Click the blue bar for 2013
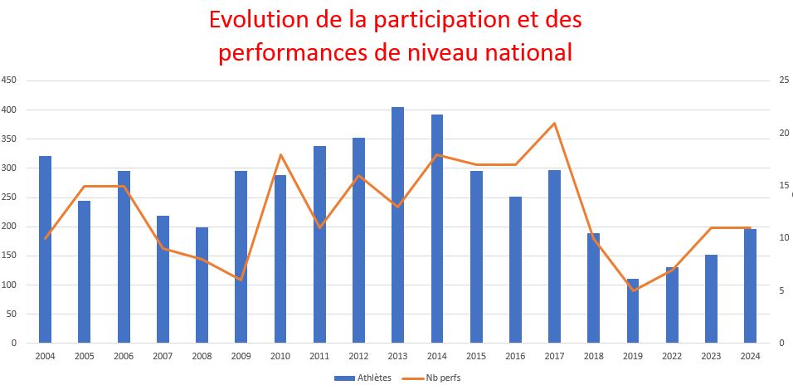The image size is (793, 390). tap(397, 224)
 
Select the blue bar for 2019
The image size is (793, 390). tap(633, 311)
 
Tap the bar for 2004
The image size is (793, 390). tap(45, 249)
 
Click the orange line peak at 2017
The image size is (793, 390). tap(554, 123)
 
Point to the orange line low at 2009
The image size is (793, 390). tap(241, 280)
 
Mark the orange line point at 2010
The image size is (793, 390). tap(280, 154)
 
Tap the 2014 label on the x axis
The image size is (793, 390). tap(436, 355)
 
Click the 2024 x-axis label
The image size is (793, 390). tap(750, 355)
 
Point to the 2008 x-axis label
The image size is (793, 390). tap(202, 355)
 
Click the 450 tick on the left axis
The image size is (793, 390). tap(9, 80)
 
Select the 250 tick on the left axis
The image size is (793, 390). tap(9, 197)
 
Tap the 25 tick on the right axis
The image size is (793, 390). tap(782, 80)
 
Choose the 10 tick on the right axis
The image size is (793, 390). tap(782, 238)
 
